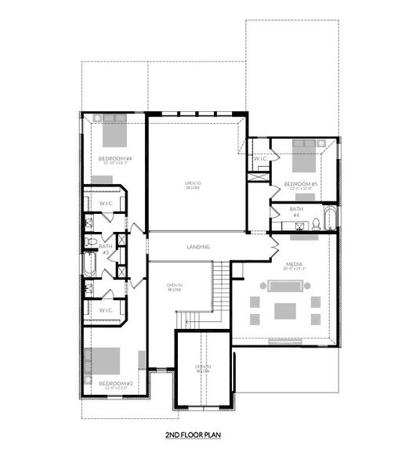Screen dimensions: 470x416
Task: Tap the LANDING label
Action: pos(197,248)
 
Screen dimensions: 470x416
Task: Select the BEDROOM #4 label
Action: pos(114,160)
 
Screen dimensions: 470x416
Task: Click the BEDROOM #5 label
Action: pos(300,184)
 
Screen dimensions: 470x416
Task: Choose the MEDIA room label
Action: pos(295,265)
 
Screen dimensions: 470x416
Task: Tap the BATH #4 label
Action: pos(295,211)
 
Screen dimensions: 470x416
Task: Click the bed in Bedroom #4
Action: pos(114,132)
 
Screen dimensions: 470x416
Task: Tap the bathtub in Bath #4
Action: pos(330,217)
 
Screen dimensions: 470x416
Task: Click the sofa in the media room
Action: pos(284,290)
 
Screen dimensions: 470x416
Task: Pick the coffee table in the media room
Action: pos(284,311)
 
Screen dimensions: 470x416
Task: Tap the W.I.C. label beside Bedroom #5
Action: pos(259,159)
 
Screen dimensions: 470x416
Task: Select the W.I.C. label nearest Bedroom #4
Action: pos(106,204)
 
